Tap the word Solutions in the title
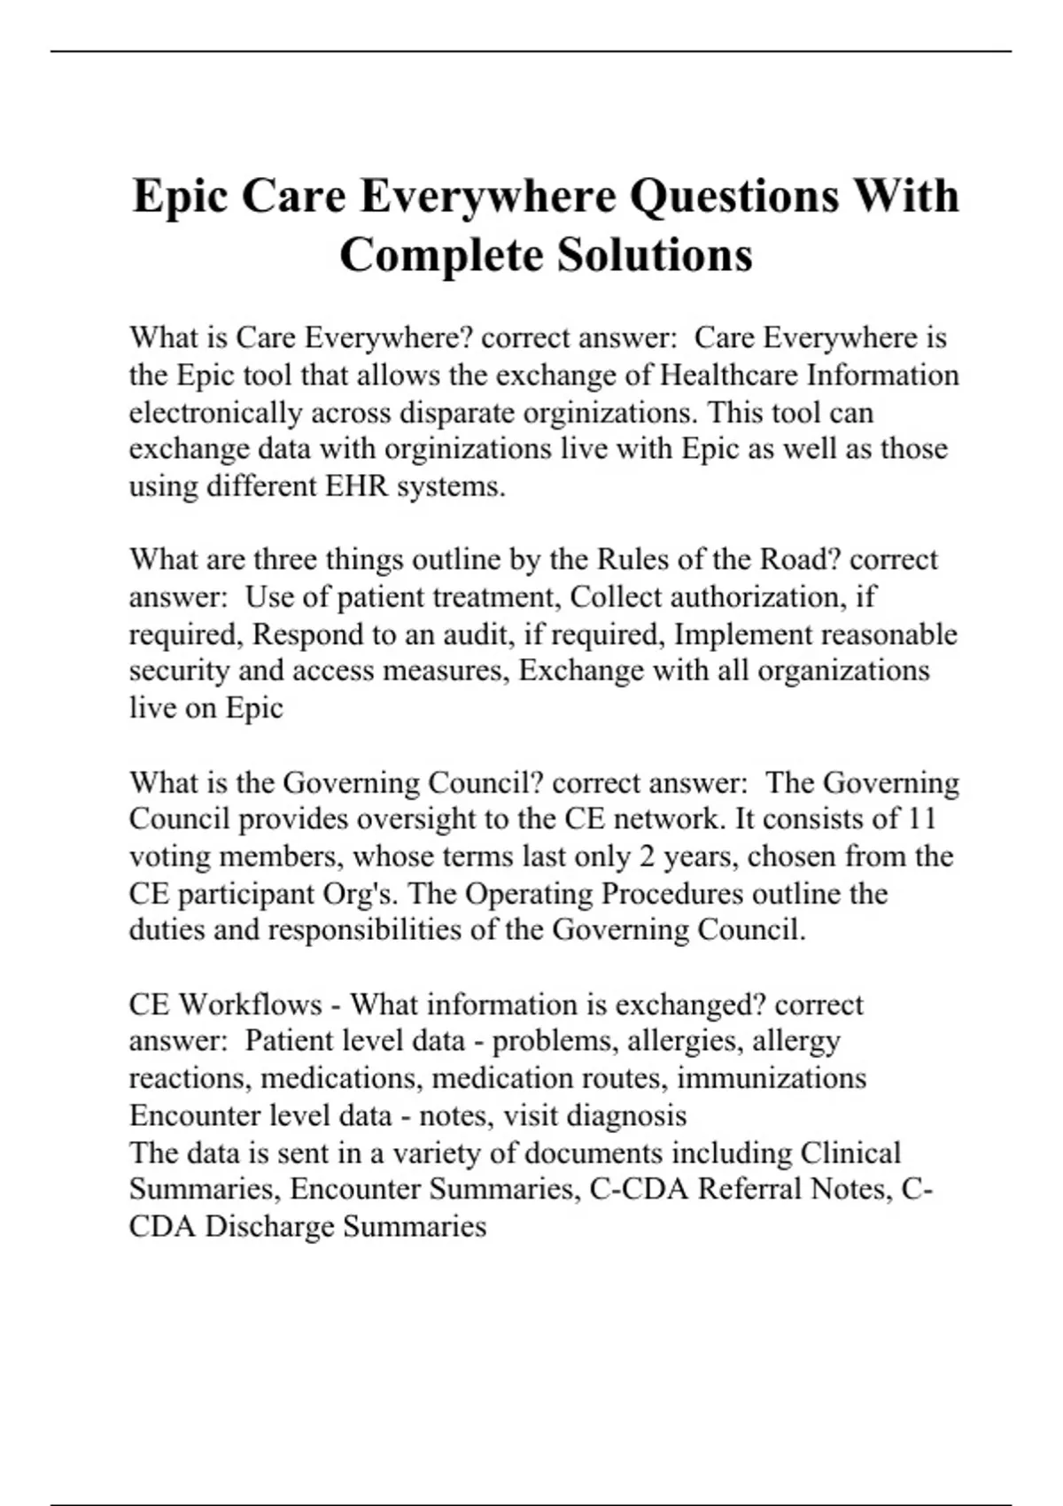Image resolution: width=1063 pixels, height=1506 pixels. (x=655, y=255)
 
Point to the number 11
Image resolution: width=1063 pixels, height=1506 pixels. (x=922, y=819)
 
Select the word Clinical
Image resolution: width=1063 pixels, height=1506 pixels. (x=850, y=1153)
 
